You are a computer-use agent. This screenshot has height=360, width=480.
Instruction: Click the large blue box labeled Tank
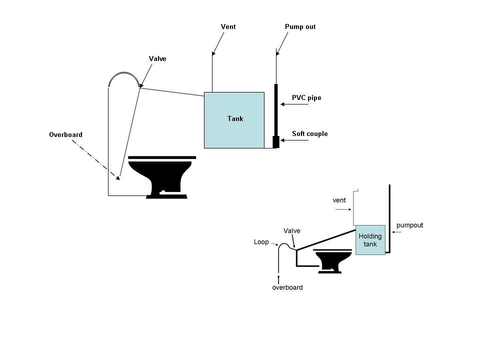234,120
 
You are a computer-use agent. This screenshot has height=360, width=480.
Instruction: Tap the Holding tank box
370,240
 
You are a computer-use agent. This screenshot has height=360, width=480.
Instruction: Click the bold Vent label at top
228,26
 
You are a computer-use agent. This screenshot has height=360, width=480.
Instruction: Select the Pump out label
300,26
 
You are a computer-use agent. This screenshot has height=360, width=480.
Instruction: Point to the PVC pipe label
306,97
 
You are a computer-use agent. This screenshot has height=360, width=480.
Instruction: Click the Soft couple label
310,133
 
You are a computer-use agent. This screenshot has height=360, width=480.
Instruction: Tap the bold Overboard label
66,134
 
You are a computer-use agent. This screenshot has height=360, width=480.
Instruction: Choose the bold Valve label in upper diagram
157,59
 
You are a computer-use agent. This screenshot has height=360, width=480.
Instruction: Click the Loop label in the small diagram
261,242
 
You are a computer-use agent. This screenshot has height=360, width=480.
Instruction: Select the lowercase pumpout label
409,225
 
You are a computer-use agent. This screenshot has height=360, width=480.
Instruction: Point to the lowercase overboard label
287,287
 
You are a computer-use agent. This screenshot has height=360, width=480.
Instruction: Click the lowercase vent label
339,200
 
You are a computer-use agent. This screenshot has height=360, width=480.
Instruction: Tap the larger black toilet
162,177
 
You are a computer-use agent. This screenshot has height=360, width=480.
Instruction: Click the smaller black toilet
332,261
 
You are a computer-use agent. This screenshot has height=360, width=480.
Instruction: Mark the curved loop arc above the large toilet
124,73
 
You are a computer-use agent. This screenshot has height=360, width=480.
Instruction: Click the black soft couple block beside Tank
276,142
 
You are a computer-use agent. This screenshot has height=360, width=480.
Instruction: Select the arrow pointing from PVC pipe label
294,104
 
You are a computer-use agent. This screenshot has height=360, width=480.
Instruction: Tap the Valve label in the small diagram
291,231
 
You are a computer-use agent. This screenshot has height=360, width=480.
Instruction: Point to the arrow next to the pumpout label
396,232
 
